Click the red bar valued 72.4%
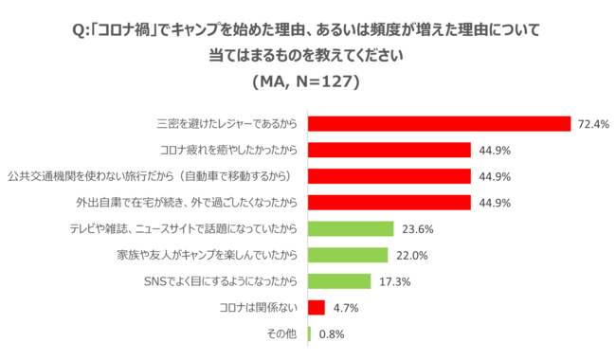[439, 124]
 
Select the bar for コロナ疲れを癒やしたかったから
[389, 150]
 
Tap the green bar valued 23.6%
[350, 228]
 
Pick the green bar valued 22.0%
[347, 255]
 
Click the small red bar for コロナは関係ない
[316, 307]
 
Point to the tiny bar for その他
[309, 333]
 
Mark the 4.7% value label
[345, 307]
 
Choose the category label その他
[283, 333]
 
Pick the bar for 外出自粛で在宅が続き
[389, 202]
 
